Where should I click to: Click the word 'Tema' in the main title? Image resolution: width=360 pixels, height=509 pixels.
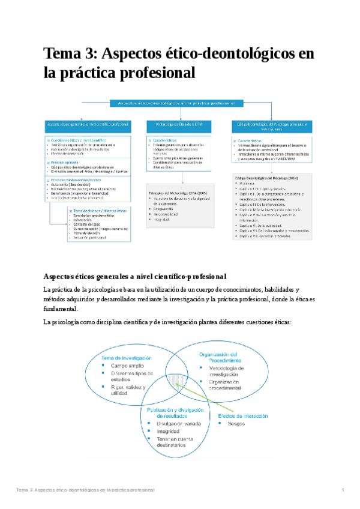click(x=62, y=54)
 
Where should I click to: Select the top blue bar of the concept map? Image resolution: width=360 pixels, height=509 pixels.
click(x=180, y=103)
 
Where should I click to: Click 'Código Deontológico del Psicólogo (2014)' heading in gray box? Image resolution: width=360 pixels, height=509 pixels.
click(x=268, y=178)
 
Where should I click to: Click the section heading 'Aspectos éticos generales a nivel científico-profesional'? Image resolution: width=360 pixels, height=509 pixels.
click(x=134, y=276)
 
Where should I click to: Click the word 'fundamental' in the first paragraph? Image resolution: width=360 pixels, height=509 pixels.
click(x=59, y=309)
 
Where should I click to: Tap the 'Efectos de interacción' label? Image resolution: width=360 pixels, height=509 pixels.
click(x=242, y=416)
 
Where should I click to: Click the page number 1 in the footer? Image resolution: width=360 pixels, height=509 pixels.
click(x=342, y=490)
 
